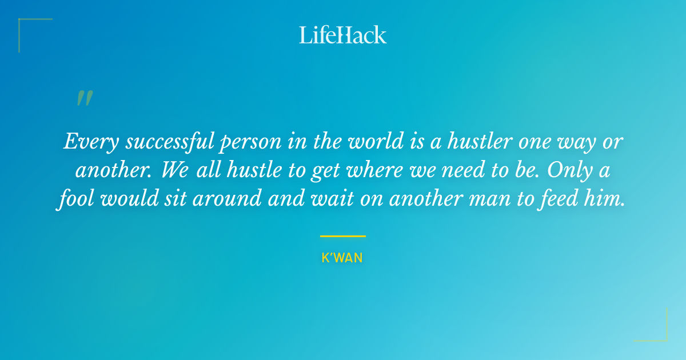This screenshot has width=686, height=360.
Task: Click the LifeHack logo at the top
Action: (342, 35)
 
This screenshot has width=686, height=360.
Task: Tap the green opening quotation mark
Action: (85, 98)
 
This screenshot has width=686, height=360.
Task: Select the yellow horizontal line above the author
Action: (342, 236)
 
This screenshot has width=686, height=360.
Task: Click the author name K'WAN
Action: (342, 258)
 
